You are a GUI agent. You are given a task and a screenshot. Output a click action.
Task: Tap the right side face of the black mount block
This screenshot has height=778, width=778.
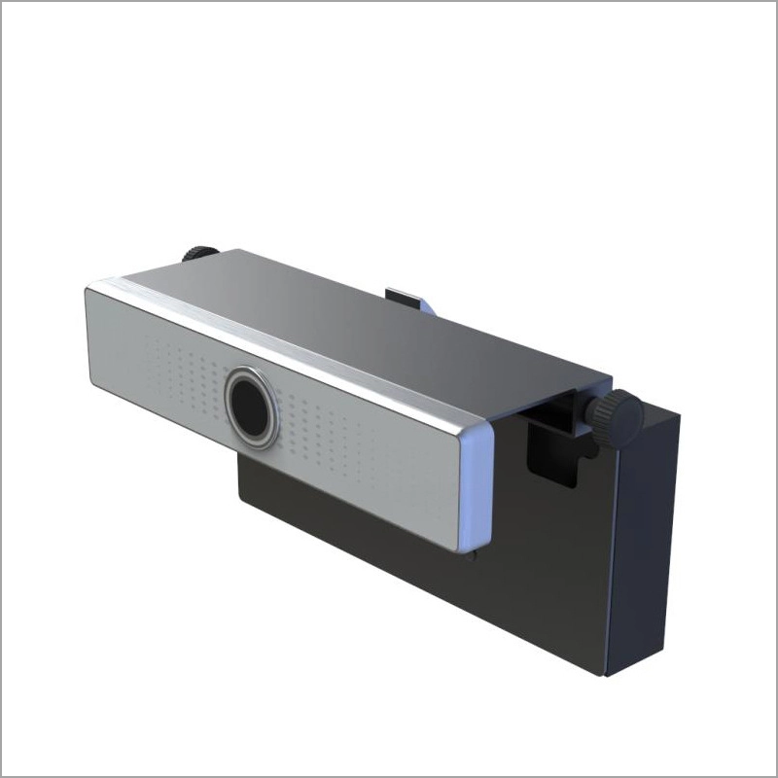click(x=642, y=545)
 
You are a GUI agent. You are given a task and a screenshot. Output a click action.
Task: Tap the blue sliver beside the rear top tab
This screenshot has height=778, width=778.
click(x=424, y=306)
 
